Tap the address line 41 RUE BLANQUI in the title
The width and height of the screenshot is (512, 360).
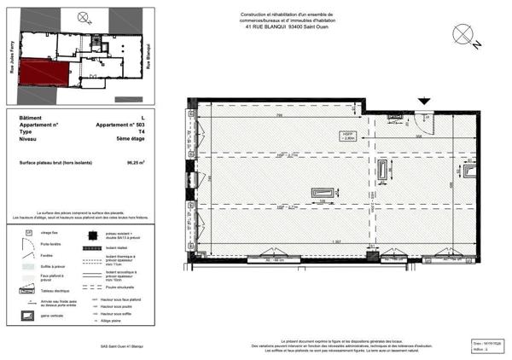(284, 25)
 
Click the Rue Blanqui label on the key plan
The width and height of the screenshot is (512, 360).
(148, 57)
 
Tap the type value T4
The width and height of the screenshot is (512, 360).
(141, 132)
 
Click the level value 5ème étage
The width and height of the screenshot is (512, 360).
(131, 139)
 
